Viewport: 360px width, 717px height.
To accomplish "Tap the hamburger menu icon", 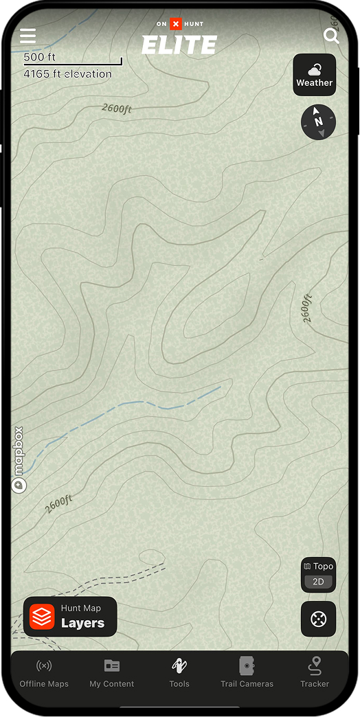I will point(28,36).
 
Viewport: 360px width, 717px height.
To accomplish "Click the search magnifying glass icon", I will point(331,36).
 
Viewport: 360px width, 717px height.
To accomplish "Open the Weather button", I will point(314,75).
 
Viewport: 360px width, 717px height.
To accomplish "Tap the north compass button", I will point(318,122).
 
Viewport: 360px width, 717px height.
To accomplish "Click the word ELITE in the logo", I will point(179,45).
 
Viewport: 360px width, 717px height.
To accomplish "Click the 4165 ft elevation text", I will point(67,73).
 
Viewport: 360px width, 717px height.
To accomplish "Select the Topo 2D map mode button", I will point(318,574).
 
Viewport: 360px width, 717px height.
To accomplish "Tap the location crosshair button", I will point(318,619).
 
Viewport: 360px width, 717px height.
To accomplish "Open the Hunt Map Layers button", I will point(70,616).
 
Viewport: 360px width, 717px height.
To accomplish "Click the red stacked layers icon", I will point(42,617).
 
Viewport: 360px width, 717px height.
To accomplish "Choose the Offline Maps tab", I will point(44,672).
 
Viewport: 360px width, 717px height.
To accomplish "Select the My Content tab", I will point(111,672).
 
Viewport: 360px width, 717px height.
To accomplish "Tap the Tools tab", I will point(179,672).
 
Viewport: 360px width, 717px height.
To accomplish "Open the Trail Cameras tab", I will point(247,672).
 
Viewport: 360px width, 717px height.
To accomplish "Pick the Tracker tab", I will point(315,672).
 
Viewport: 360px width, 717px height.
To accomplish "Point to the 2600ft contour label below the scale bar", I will point(116,108).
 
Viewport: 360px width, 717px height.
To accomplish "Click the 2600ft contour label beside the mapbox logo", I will point(59,503).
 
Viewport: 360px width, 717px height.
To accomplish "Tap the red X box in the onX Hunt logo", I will point(176,24).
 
